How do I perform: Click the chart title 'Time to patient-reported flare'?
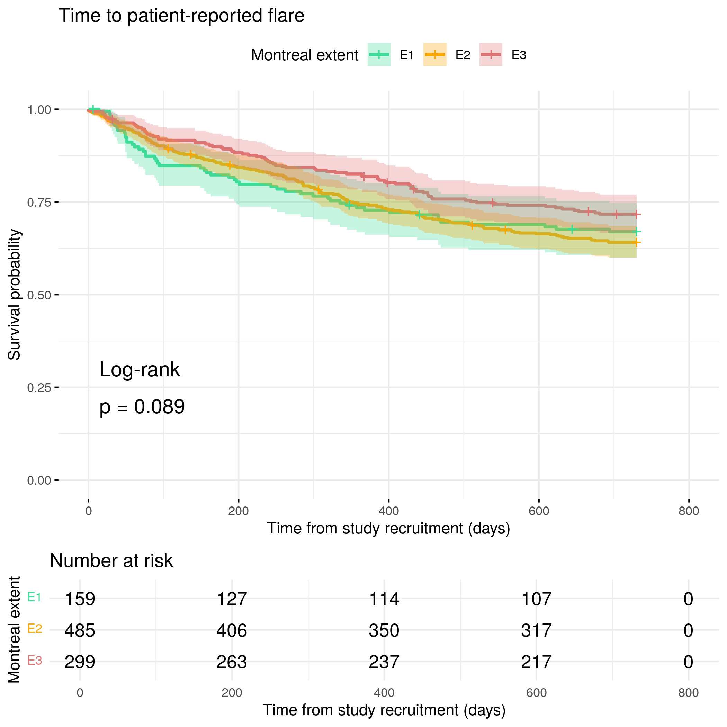[x=181, y=16]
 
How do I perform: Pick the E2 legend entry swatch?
[x=434, y=55]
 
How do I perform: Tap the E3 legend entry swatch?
[x=491, y=55]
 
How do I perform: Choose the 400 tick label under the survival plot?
[x=388, y=511]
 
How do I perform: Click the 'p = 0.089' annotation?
[x=142, y=407]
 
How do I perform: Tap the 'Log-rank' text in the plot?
[x=140, y=369]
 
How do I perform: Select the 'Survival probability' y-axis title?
[x=14, y=295]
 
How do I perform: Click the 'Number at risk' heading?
[x=111, y=561]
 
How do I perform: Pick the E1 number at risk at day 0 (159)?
[x=80, y=599]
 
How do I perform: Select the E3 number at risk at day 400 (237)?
[x=384, y=662]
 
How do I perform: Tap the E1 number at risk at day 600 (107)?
[x=536, y=599]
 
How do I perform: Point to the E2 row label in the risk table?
[x=35, y=628]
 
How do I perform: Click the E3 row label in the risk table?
[x=35, y=660]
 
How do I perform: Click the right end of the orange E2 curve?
[x=636, y=243]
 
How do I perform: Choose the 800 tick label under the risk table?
[x=688, y=693]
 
